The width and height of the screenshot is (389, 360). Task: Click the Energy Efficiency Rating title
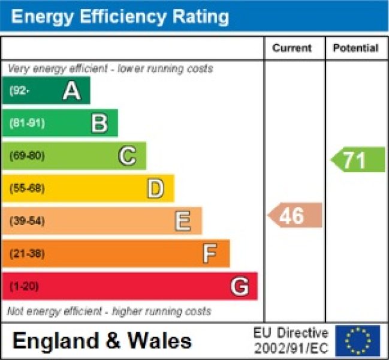coord(120,16)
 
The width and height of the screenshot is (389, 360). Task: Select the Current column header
coord(292,48)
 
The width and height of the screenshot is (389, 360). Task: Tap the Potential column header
coord(355,48)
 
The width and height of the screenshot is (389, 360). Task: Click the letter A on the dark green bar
coord(71,91)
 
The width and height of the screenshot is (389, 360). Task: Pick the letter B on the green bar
coord(99,124)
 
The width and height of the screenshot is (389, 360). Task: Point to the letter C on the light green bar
coord(127,156)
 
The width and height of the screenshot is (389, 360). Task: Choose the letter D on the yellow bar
coord(155,189)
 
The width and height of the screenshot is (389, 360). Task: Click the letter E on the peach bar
coord(183,221)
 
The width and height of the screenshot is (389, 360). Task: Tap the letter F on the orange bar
coord(209,254)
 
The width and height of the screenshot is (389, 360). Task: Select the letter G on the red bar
coord(239,287)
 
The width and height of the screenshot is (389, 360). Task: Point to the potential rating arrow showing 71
coord(357,160)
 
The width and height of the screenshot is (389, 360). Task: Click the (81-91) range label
coord(27,124)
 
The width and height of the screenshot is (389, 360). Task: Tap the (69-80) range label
coord(27,156)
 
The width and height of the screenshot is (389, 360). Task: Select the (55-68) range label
coord(27,189)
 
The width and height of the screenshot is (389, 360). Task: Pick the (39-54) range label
coord(27,221)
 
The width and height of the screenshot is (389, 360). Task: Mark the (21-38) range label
coord(27,254)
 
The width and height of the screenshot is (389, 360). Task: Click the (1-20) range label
coord(24,287)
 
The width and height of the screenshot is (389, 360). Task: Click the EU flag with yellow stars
coord(358,340)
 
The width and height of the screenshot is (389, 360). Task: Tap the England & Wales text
coord(102,341)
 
